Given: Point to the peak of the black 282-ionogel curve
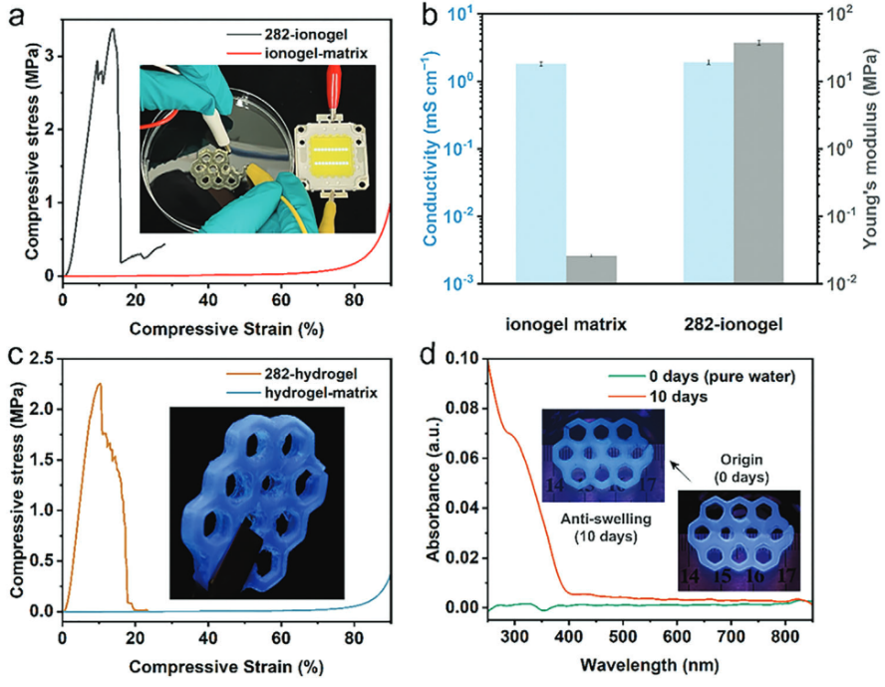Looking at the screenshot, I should pos(113,29).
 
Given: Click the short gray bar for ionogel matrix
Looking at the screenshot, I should pos(592,269).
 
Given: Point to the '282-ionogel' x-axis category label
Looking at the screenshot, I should pos(733,323).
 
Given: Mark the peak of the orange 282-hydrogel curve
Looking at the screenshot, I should pos(99,384).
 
